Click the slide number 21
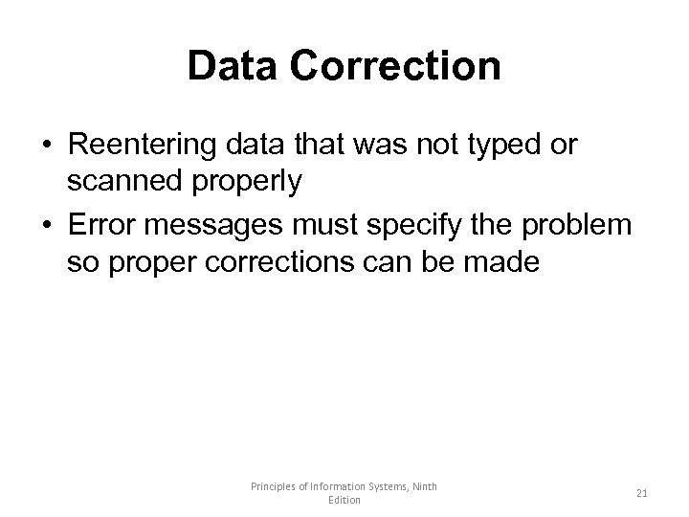[642, 493]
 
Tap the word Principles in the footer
[273, 486]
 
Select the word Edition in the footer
[344, 501]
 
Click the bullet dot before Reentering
[46, 146]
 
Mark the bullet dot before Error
[46, 226]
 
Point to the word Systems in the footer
[381, 486]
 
